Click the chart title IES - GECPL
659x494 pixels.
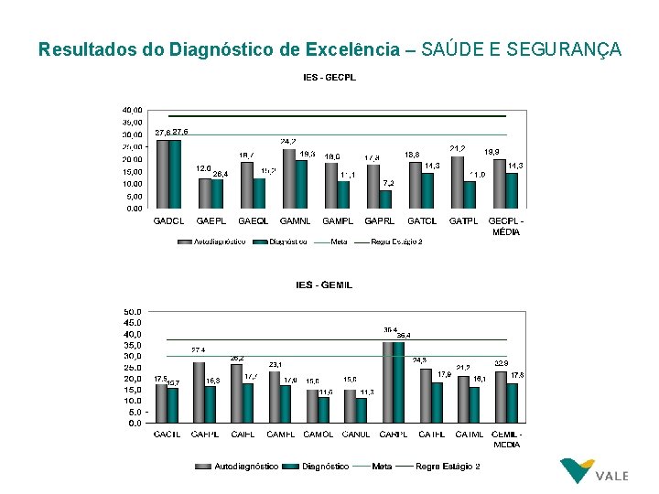[x=329, y=77]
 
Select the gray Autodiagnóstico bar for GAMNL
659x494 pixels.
[x=290, y=177]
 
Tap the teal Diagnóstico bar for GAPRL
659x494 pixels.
[x=386, y=199]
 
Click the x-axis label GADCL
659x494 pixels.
[x=168, y=220]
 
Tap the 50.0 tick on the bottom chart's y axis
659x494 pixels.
[x=133, y=311]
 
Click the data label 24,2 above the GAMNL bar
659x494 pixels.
[x=287, y=142]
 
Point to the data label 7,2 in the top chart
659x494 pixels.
[x=389, y=183]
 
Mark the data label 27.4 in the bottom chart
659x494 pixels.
[x=198, y=349]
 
